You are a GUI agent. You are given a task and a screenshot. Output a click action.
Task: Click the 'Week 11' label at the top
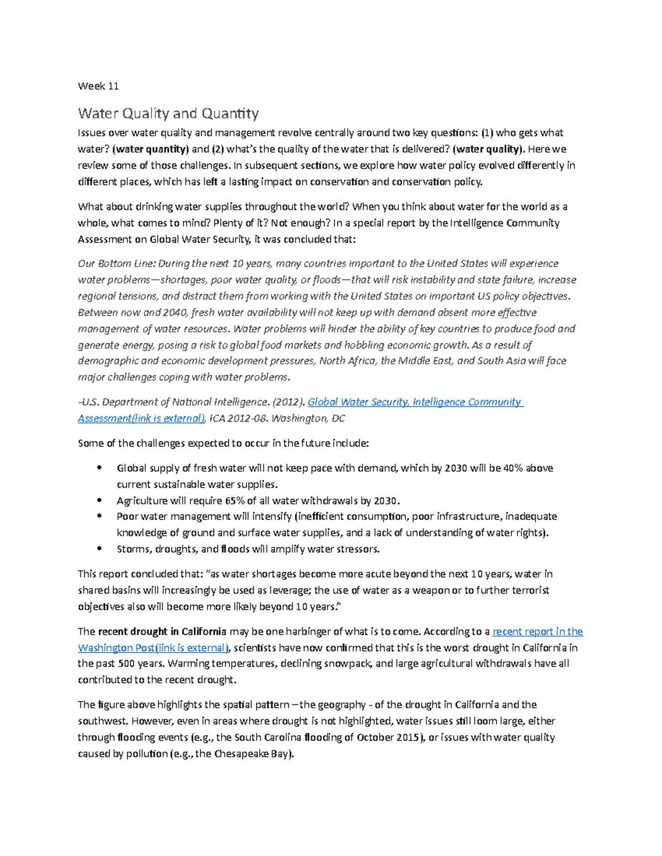(98, 86)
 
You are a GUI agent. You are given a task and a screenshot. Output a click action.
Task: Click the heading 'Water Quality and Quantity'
(168, 114)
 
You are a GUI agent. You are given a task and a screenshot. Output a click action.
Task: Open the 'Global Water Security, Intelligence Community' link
(414, 402)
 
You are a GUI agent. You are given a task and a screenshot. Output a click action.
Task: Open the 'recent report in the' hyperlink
(537, 632)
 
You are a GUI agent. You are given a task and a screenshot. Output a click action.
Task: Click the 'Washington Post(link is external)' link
(153, 648)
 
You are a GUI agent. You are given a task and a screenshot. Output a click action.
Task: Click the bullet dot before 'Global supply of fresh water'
(99, 468)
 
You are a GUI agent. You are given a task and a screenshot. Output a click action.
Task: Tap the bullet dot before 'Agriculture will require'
(99, 500)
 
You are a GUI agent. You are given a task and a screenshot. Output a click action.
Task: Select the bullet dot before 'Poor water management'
(99, 516)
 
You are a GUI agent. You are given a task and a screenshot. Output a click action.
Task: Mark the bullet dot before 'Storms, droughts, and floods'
(99, 549)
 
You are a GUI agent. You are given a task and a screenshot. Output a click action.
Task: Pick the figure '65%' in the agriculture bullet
(235, 501)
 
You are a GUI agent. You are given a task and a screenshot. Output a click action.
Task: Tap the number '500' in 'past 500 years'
(128, 664)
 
